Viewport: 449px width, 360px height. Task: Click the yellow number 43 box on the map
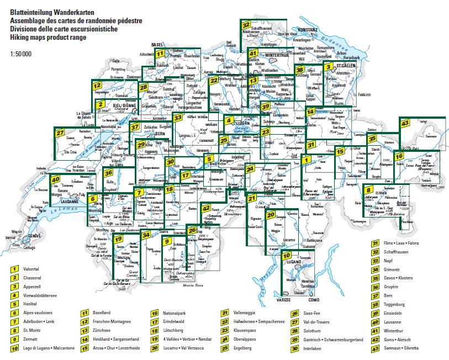tap(405, 124)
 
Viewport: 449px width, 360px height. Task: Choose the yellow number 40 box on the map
tap(55, 179)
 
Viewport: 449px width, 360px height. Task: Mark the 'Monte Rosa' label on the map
tap(192, 285)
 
